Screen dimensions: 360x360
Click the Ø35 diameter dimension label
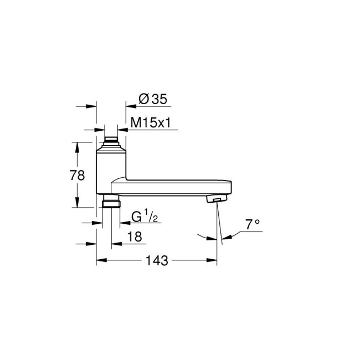152,99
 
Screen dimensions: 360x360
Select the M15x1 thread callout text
150,122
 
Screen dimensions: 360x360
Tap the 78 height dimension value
78,176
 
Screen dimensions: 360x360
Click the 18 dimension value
135,236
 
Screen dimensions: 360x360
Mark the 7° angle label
253,224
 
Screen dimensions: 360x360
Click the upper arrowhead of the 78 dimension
78,145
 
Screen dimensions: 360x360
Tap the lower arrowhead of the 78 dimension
78,205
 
